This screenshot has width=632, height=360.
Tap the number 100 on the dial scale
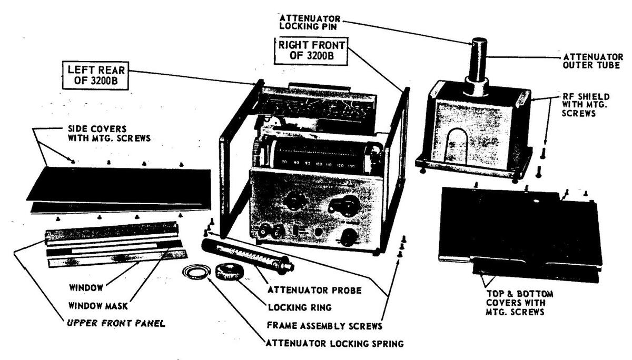coord(319,164)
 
